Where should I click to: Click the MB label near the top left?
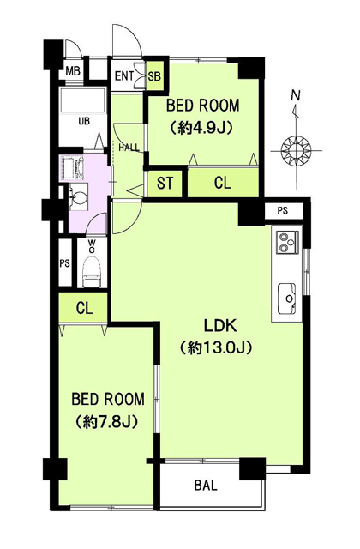tap(73, 71)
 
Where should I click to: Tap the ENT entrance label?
tap(124, 75)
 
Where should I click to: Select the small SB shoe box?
tap(154, 75)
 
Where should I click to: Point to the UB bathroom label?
tap(84, 121)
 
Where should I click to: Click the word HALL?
tap(129, 148)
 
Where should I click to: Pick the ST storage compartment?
tap(165, 183)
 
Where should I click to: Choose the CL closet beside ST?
tap(223, 183)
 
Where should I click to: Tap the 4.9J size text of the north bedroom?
tap(202, 128)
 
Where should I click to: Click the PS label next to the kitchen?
tap(283, 211)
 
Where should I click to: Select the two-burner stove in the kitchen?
tap(288, 242)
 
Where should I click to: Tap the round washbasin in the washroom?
tap(80, 199)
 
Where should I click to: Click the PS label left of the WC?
tap(64, 263)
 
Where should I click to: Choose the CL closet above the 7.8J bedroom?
tap(83, 308)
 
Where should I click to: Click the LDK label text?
tap(221, 326)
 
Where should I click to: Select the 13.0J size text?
tap(216, 347)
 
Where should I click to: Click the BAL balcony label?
tap(206, 486)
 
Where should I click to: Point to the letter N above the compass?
tap(297, 95)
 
